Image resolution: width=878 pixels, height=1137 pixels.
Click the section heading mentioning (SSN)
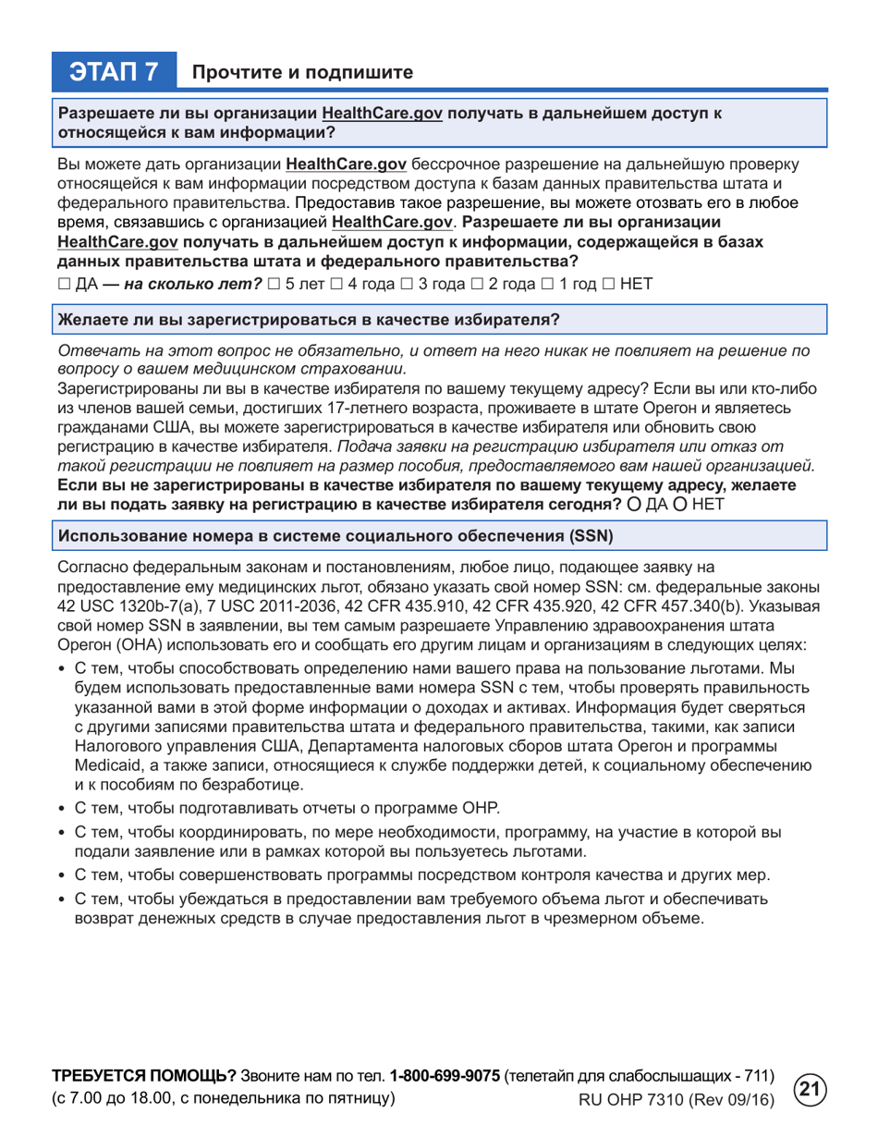(335, 535)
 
